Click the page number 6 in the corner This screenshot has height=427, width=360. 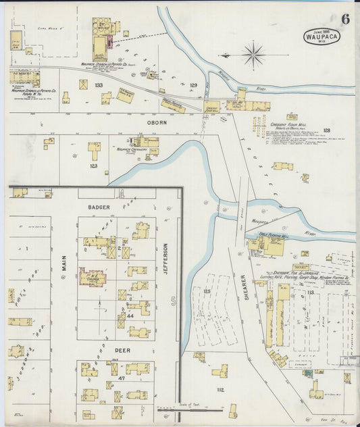(x=345, y=18)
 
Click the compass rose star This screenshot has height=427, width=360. (x=254, y=54)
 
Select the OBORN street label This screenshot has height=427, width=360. (x=156, y=124)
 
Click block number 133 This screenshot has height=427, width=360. (x=99, y=85)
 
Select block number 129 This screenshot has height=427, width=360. (x=193, y=85)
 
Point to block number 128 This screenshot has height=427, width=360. (x=327, y=130)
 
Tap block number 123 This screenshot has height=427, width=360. (x=93, y=165)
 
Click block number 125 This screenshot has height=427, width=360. (x=198, y=291)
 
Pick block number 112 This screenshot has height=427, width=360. (x=220, y=388)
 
